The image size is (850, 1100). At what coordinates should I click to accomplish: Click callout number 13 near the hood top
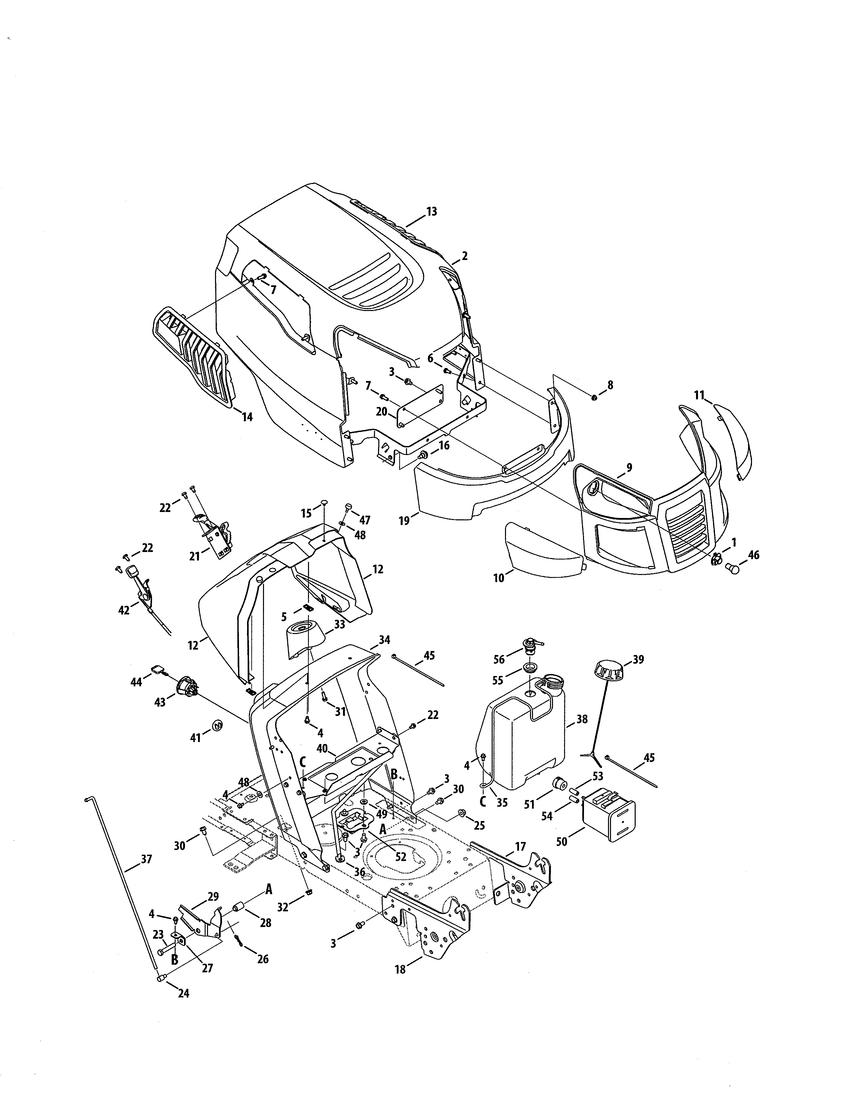tap(432, 212)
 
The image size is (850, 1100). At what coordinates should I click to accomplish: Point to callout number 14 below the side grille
tap(246, 417)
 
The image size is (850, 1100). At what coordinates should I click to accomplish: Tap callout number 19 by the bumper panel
tap(404, 520)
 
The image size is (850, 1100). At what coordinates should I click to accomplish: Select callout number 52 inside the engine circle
tap(400, 857)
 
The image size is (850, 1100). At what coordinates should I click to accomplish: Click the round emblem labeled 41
tap(218, 725)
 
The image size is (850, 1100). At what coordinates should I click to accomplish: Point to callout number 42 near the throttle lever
tap(124, 610)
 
